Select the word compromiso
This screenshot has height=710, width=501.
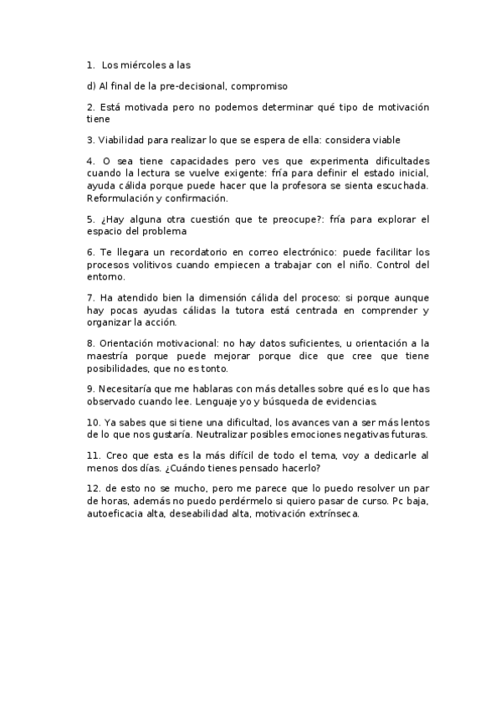[x=258, y=85]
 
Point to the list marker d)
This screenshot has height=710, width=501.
[x=91, y=85]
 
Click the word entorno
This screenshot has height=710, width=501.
[x=105, y=277]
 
